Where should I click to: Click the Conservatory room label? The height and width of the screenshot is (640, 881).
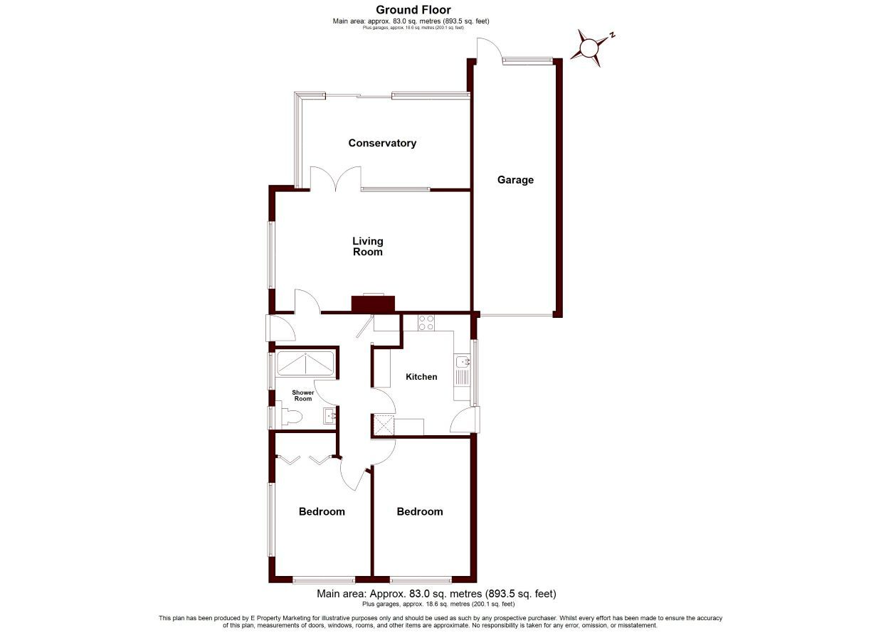(x=382, y=143)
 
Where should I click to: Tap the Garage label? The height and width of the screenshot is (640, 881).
(x=515, y=180)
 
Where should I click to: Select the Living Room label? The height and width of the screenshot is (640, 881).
(x=367, y=247)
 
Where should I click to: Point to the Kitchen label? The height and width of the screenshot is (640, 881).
(x=421, y=377)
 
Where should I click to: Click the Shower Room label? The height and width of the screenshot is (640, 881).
(x=303, y=395)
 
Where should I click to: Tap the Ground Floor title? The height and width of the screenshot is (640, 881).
(x=413, y=9)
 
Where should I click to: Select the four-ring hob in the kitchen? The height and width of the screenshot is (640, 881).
(x=426, y=323)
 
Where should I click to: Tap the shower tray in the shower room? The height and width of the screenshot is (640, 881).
(x=305, y=363)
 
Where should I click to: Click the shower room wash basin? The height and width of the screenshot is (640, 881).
(x=329, y=416)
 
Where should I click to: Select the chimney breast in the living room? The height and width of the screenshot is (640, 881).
(x=373, y=304)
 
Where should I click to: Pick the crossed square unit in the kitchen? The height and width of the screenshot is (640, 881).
(x=384, y=425)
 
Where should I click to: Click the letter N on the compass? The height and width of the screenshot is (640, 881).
(x=612, y=36)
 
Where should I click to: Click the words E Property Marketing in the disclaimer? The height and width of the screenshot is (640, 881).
(x=280, y=618)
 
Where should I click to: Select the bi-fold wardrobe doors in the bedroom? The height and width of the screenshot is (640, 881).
(x=305, y=460)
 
